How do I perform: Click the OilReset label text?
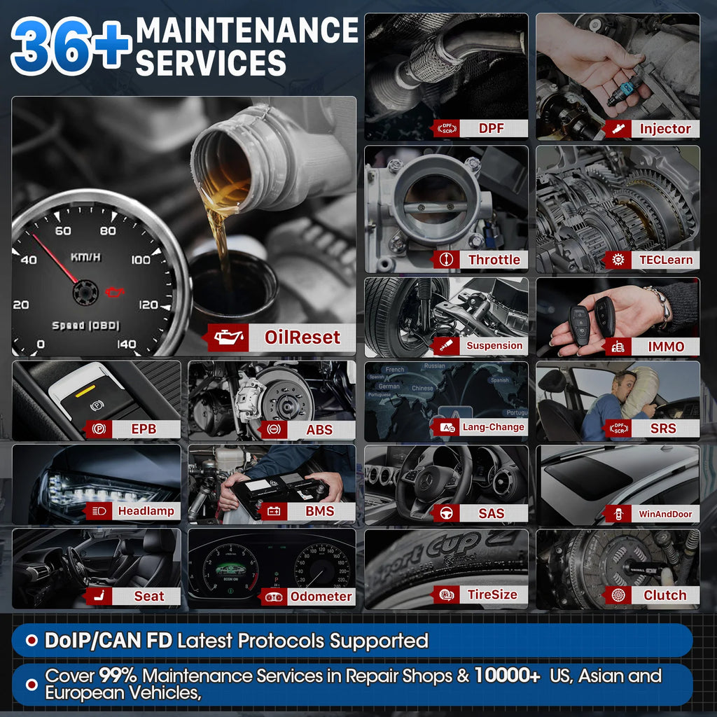(x=302, y=337)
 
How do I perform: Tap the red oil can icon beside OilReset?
(x=229, y=337)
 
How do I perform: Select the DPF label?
(x=491, y=128)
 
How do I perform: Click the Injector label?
(x=664, y=129)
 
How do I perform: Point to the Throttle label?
(x=494, y=260)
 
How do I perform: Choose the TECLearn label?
(x=665, y=260)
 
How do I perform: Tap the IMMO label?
(x=665, y=346)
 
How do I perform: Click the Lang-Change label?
(x=493, y=427)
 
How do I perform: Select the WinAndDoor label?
(x=664, y=514)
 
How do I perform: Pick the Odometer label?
(x=321, y=596)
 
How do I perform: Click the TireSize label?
(x=492, y=594)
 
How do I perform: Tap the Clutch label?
(x=664, y=595)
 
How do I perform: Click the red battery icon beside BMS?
(x=273, y=511)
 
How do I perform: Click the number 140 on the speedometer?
(x=127, y=344)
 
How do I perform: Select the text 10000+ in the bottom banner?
(x=507, y=676)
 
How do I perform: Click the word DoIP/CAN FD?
(x=109, y=640)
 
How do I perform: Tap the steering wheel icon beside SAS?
(x=446, y=513)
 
